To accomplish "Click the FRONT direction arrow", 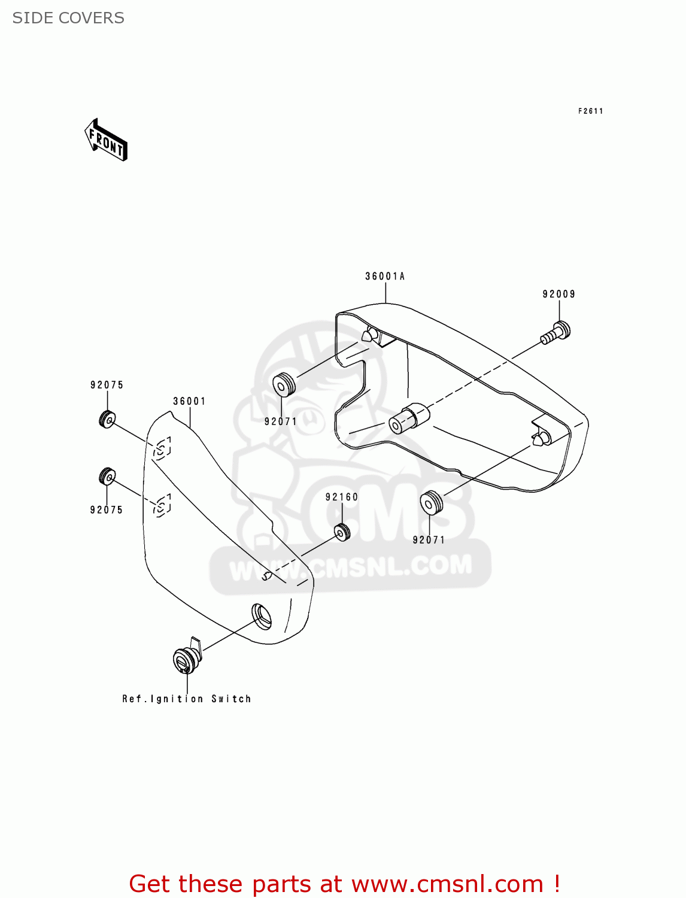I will point(106,140).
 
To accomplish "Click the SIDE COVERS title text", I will point(68,18).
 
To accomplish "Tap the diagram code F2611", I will point(590,111).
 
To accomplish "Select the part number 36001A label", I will point(385,276).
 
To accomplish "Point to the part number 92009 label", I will point(558,294).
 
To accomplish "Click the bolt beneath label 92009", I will point(556,332).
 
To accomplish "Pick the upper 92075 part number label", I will point(107,385).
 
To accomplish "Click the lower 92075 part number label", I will point(106,510).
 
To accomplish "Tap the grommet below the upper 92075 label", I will point(107,419).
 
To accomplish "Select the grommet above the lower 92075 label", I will point(107,477).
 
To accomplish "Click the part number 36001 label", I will point(189,401).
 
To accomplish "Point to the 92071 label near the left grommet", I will point(281,421).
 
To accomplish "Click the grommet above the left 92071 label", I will point(284,384).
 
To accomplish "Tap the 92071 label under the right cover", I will point(429,540).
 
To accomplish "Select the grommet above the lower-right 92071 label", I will point(431,503).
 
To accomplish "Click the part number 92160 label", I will point(342,497).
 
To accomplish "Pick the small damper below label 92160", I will point(342,532).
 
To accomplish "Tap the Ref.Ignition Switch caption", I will point(186,699).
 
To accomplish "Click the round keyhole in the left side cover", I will point(262,616).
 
